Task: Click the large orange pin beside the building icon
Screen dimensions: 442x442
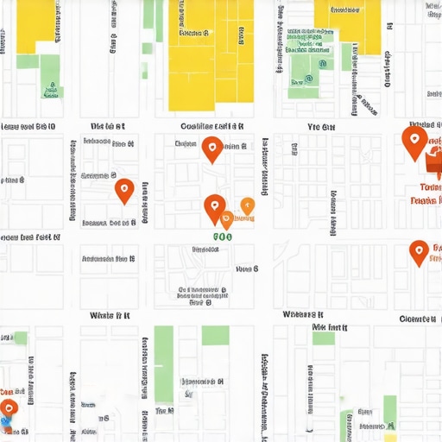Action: [x=414, y=141]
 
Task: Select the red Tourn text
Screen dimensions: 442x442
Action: [x=430, y=187]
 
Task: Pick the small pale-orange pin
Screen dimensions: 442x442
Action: [x=247, y=205]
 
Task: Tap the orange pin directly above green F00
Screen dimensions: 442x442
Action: [x=214, y=208]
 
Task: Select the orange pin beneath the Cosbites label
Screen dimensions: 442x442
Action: [x=212, y=149]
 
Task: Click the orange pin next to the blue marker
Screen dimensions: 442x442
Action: [x=9, y=408]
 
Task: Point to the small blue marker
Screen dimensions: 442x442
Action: [x=5, y=423]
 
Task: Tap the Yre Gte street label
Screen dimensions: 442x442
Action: [x=320, y=127]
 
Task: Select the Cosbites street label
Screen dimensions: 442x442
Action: [x=212, y=126]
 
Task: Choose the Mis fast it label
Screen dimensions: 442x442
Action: [x=330, y=328]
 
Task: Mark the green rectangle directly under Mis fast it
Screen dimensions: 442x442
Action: [x=324, y=338]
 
